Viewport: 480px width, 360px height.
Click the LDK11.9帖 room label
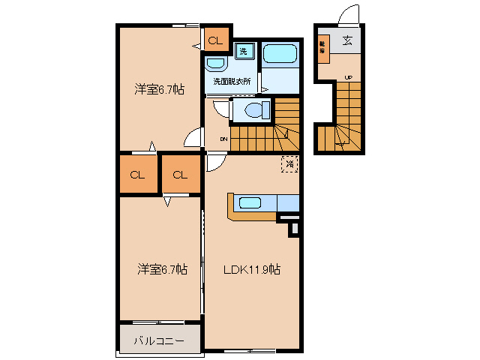click(251, 268)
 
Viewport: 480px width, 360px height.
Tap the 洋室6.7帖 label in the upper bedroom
click(160, 89)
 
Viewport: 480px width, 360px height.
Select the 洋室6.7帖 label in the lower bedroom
click(161, 268)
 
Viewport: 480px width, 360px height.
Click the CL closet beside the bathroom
click(214, 40)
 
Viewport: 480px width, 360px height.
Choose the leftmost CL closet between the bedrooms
click(136, 175)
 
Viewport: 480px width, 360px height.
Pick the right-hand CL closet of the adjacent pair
click(180, 175)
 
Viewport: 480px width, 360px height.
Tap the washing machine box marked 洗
click(244, 51)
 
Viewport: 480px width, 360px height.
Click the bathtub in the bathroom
click(280, 54)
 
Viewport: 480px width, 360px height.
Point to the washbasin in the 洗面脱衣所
click(217, 64)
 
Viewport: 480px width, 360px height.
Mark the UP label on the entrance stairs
click(348, 77)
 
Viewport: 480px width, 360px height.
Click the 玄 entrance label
click(348, 41)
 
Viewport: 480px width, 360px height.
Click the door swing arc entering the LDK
click(215, 160)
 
